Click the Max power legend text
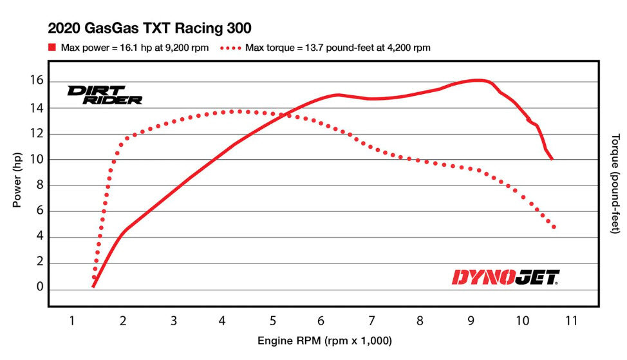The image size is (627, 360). coord(135,48)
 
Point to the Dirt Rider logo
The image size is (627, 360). coord(104,95)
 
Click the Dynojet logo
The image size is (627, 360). coord(505,278)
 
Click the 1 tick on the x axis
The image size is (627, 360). coord(72,320)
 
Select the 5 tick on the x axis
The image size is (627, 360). coord(273,320)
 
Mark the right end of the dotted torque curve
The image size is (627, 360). coord(554,227)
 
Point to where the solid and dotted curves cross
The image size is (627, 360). coord(287,115)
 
